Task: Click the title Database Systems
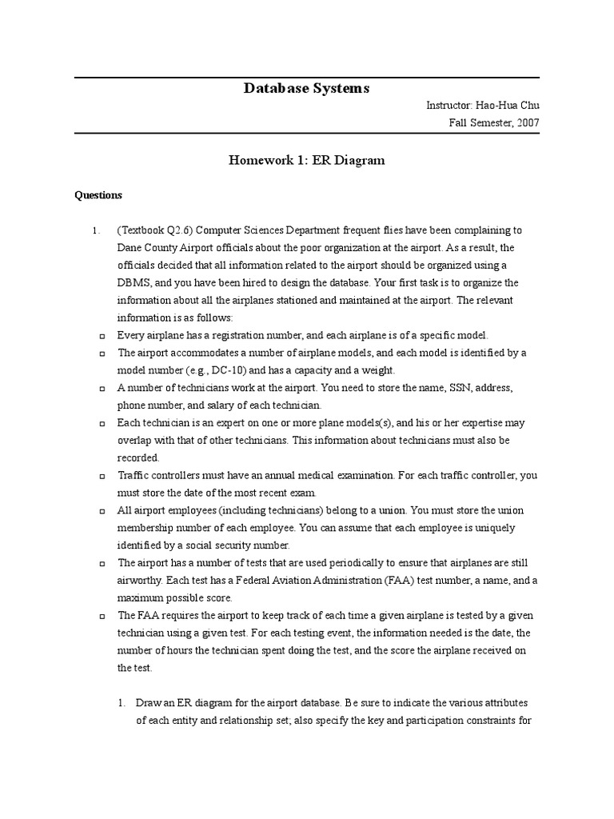(306, 88)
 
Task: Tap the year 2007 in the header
(525, 123)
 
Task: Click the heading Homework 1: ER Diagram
(306, 160)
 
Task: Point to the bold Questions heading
(98, 194)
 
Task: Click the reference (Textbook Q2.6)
(156, 230)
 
